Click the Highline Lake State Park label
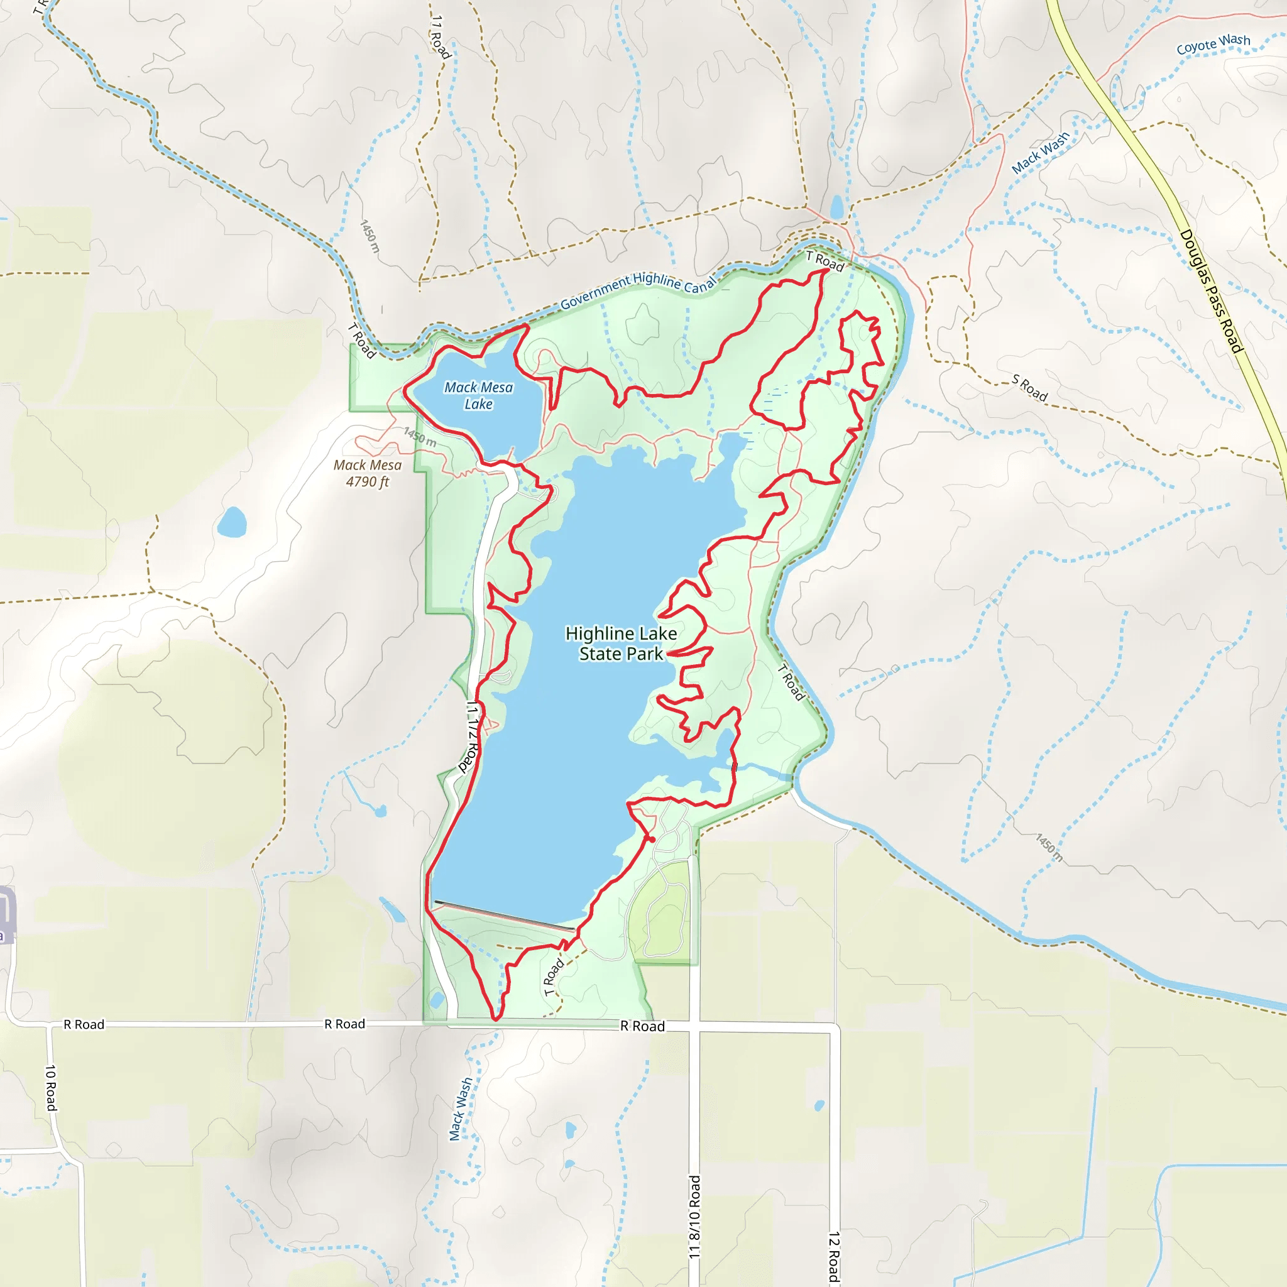click(x=621, y=643)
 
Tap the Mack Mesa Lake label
click(x=478, y=396)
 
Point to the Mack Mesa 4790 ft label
click(x=368, y=473)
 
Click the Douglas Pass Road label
click(x=1210, y=291)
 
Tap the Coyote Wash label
click(x=1213, y=44)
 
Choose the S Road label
click(x=1029, y=388)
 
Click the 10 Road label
click(x=52, y=1087)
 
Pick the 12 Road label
click(x=834, y=1256)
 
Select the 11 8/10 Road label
click(x=694, y=1217)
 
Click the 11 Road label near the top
click(x=441, y=36)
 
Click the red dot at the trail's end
click(x=652, y=840)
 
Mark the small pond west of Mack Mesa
click(x=232, y=522)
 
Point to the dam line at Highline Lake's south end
click(x=503, y=915)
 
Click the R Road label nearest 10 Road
click(x=84, y=1024)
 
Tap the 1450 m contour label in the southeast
click(x=1049, y=847)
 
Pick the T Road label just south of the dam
click(x=554, y=977)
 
